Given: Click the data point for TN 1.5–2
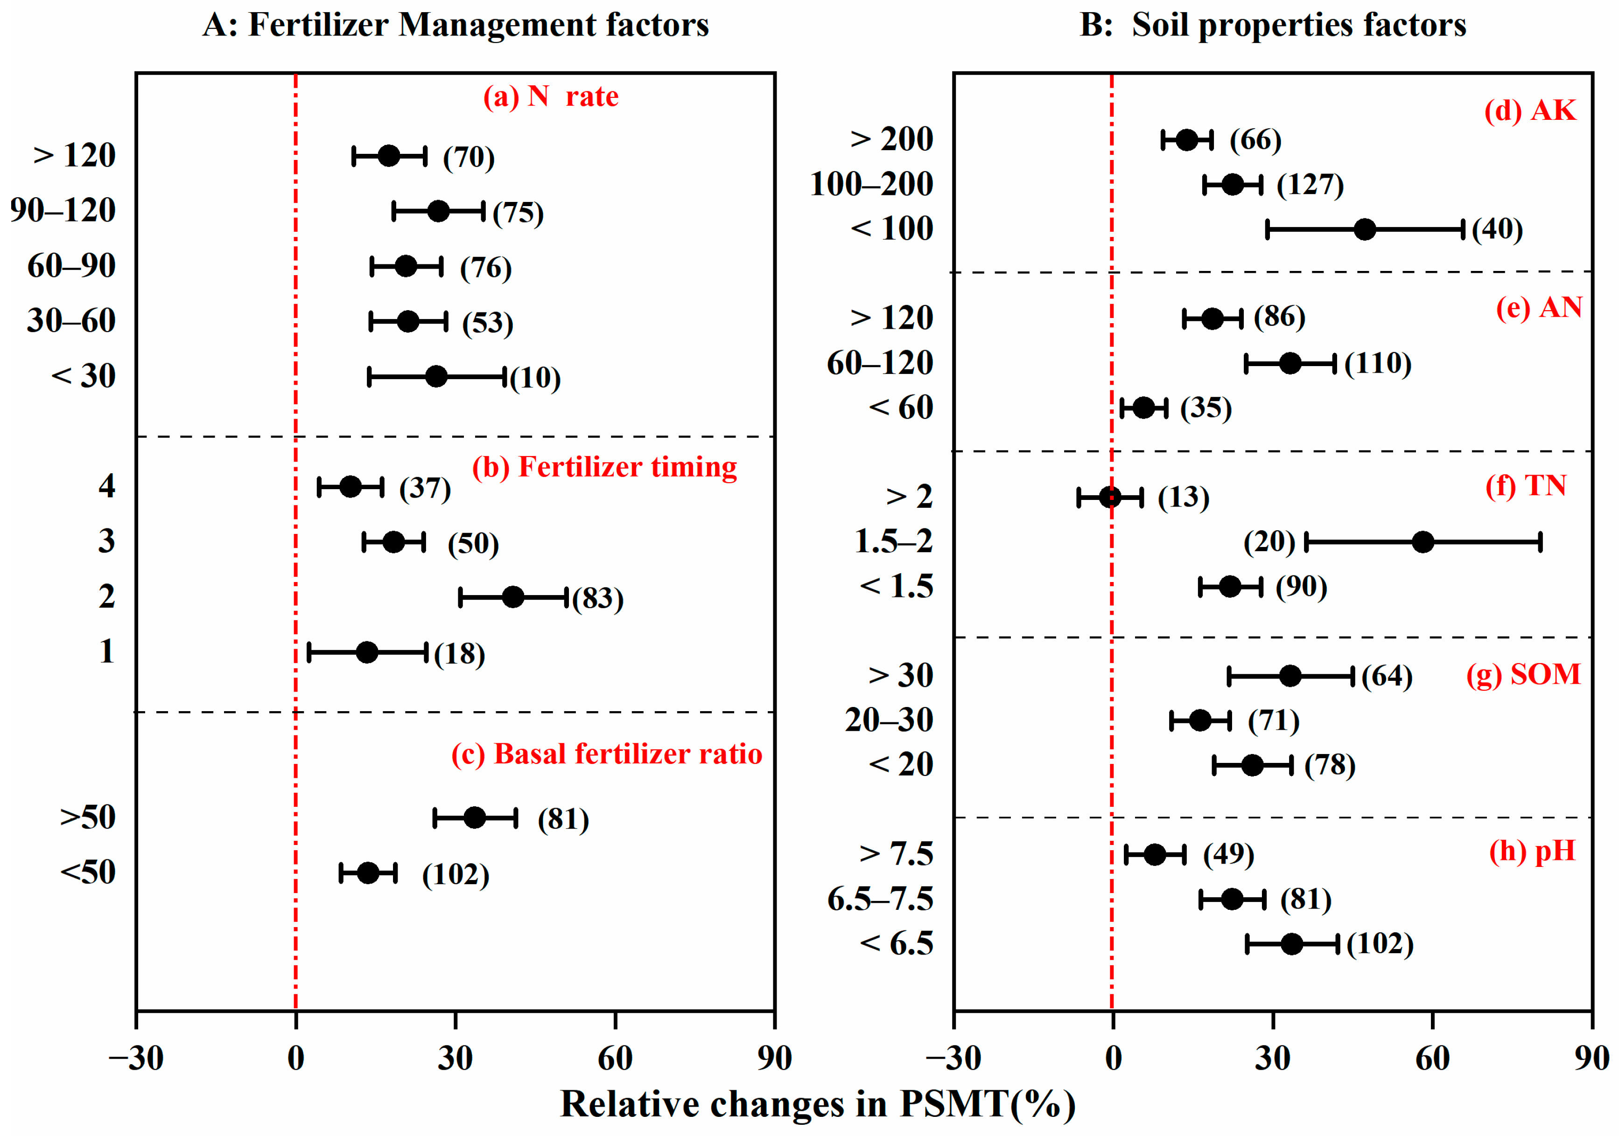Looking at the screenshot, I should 1423,542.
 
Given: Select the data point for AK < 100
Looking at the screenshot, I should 1365,229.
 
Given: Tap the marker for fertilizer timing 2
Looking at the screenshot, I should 513,597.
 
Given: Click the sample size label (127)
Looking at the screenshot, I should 1310,185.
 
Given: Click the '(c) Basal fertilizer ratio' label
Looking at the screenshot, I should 606,754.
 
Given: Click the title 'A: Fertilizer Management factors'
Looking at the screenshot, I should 456,25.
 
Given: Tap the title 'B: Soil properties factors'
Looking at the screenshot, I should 1273,25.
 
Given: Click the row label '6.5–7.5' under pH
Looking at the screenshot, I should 880,899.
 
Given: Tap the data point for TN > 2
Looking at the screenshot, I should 1110,497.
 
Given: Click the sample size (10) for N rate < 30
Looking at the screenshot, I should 535,378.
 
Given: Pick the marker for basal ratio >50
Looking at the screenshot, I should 475,817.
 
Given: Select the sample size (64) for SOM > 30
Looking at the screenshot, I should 1386,677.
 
